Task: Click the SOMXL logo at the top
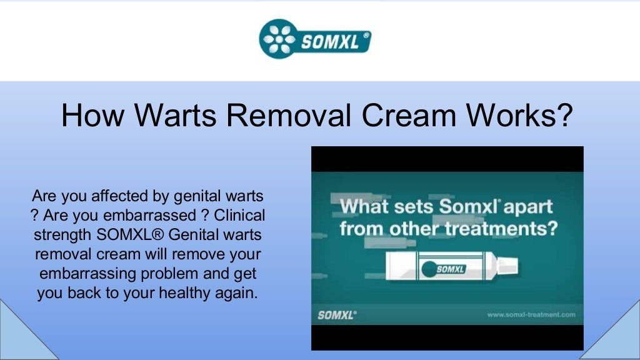(315, 39)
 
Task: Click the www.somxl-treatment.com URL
(531, 315)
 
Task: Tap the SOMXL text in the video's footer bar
(337, 315)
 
